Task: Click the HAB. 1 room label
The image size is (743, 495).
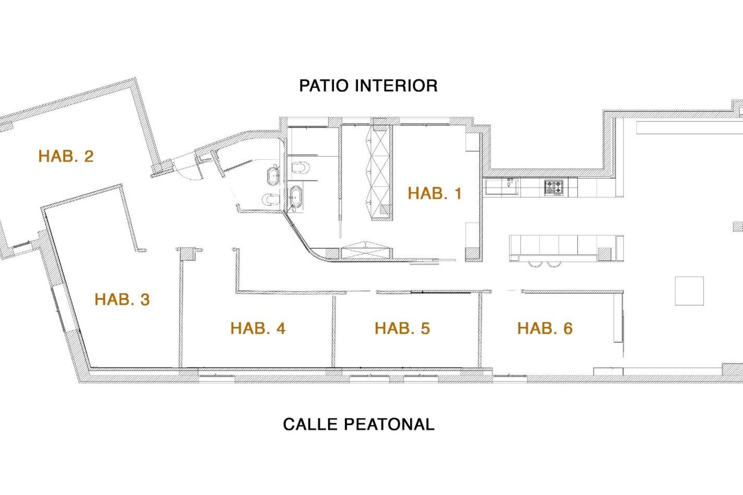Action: click(x=435, y=193)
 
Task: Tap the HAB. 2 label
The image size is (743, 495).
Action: click(x=66, y=156)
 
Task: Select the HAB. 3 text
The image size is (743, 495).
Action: click(x=122, y=299)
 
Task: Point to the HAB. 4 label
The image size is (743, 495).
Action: click(x=258, y=328)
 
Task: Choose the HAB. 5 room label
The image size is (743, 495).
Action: click(x=402, y=328)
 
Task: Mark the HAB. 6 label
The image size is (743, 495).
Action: click(x=545, y=328)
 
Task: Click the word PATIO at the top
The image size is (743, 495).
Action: click(x=324, y=86)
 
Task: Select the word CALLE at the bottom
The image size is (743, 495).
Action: click(x=310, y=424)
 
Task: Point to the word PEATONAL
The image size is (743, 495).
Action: click(x=389, y=424)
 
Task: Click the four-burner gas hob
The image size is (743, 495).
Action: click(x=554, y=188)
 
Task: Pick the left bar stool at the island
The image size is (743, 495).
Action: click(x=535, y=265)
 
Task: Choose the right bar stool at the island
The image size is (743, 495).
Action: click(x=554, y=265)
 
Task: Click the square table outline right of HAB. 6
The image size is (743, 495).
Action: click(x=689, y=291)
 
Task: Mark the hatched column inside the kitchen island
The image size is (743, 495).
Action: click(x=605, y=254)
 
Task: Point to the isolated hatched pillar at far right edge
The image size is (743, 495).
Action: click(x=738, y=226)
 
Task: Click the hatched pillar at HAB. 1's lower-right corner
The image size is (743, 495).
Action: click(x=472, y=254)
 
